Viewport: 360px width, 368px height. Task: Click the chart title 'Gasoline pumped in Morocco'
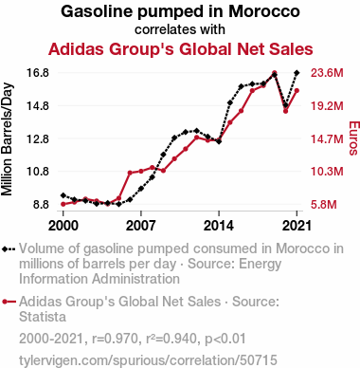click(x=180, y=11)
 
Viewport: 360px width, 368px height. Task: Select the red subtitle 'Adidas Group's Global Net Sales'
click(x=181, y=49)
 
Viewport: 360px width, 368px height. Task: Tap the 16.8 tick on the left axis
click(x=37, y=73)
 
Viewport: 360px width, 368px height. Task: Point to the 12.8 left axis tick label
click(x=37, y=138)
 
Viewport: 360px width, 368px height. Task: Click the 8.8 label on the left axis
click(x=41, y=205)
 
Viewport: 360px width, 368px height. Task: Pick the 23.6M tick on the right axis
click(x=327, y=73)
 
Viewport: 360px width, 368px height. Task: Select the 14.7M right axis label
click(x=327, y=138)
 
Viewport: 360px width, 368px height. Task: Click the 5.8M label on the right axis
click(x=324, y=205)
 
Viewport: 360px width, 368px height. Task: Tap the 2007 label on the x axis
click(x=141, y=226)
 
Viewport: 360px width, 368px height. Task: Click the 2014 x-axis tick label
click(x=219, y=226)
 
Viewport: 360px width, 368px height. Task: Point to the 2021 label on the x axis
click(x=297, y=226)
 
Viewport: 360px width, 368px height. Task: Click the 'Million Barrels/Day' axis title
click(x=7, y=139)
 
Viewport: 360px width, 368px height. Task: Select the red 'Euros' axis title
click(x=353, y=138)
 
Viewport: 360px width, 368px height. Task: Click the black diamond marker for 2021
click(x=297, y=73)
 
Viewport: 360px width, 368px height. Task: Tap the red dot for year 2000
click(x=63, y=204)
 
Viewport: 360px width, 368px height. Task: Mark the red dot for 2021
click(x=297, y=91)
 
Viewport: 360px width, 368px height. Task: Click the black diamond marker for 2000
click(x=63, y=195)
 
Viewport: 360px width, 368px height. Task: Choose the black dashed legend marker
click(x=9, y=249)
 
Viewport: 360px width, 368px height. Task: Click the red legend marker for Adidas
click(x=9, y=302)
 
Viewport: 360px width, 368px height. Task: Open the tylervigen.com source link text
click(x=148, y=360)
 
